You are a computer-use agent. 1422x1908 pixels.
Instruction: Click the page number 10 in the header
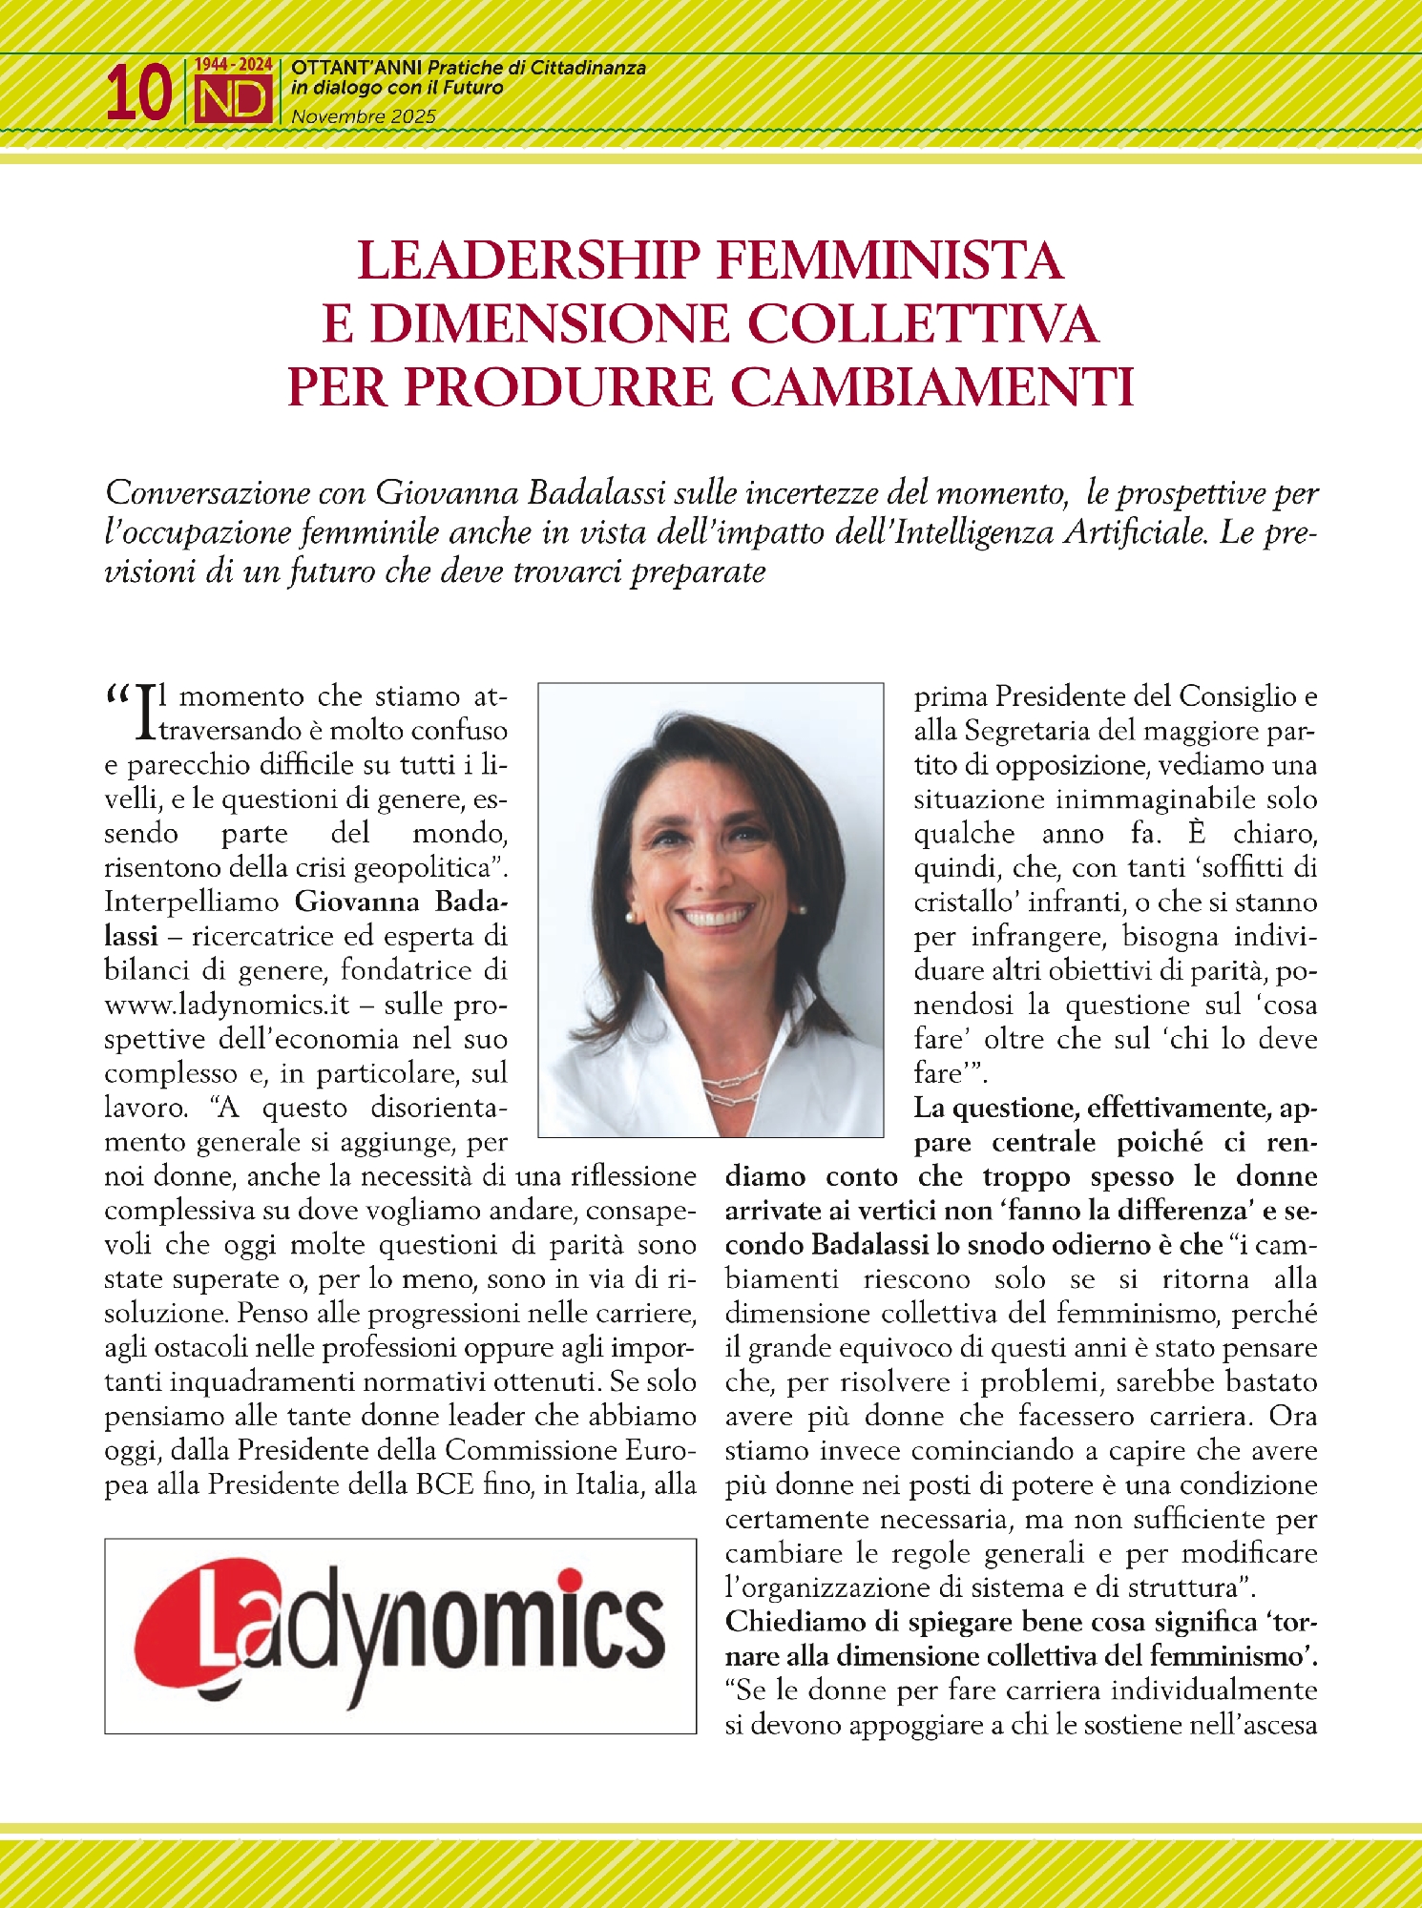pos(138,93)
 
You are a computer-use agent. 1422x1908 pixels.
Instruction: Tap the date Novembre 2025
pos(364,116)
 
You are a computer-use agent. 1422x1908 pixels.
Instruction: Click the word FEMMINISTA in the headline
pos(889,260)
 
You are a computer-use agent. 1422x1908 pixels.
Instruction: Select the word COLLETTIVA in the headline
pos(923,323)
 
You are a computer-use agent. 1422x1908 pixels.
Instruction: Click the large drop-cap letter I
pos(145,713)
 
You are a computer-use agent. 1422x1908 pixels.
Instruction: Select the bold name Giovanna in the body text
pos(357,902)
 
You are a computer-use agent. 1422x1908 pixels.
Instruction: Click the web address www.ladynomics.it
pos(227,1005)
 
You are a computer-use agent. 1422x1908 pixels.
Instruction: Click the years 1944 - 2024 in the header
pos(234,65)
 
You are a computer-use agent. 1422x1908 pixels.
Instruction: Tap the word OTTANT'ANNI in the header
pos(357,69)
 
